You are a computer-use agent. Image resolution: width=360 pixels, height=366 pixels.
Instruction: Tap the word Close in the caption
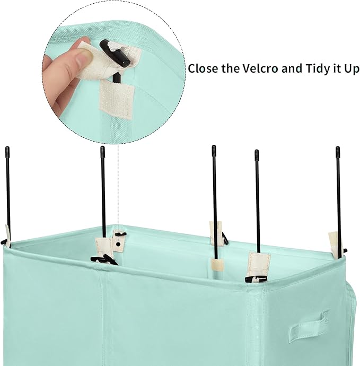pyautogui.click(x=203, y=68)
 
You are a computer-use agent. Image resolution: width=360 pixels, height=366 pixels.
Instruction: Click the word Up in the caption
pyautogui.click(x=352, y=69)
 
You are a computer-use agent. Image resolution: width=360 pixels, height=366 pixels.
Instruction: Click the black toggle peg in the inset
pyautogui.click(x=115, y=53)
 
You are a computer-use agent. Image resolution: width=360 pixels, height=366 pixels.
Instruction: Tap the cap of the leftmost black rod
pyautogui.click(x=7, y=151)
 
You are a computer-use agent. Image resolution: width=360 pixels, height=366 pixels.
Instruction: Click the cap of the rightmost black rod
pyautogui.click(x=338, y=151)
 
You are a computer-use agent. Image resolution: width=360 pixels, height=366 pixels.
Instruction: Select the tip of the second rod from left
pyautogui.click(x=102, y=147)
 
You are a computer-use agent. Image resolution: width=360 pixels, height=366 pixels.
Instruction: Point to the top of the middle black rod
pyautogui.click(x=214, y=146)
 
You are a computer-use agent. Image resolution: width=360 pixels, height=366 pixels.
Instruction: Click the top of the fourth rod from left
pyautogui.click(x=257, y=151)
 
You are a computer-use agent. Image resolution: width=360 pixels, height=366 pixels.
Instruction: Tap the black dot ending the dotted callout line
pyautogui.click(x=118, y=245)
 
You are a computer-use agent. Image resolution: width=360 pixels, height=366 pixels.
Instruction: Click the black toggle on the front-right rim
pyautogui.click(x=256, y=278)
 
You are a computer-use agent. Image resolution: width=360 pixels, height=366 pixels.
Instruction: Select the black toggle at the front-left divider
pyautogui.click(x=104, y=260)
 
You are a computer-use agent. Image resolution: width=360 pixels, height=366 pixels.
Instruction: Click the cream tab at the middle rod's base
pyautogui.click(x=217, y=265)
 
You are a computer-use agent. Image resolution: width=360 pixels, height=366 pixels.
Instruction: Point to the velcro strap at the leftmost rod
pyautogui.click(x=8, y=236)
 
